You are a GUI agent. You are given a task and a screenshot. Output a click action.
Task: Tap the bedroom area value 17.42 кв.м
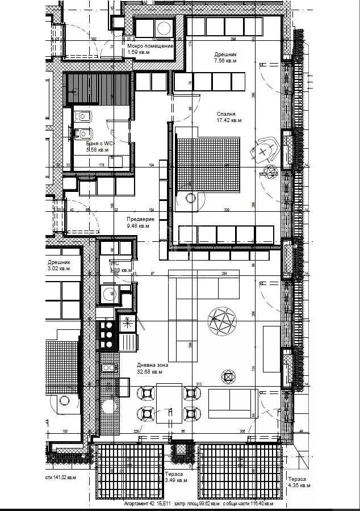click(x=229, y=120)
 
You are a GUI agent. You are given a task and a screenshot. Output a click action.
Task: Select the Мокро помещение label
click(x=150, y=46)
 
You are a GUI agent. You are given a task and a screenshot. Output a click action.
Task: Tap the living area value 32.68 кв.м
click(x=150, y=372)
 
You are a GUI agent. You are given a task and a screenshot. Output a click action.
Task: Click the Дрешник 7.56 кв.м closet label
click(x=225, y=58)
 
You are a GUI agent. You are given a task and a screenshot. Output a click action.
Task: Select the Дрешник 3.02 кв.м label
click(x=59, y=266)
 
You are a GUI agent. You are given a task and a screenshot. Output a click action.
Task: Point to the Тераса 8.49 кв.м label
click(x=174, y=477)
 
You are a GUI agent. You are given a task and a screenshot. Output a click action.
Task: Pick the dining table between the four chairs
click(x=169, y=402)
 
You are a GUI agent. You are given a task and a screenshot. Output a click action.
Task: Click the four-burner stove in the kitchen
click(x=107, y=335)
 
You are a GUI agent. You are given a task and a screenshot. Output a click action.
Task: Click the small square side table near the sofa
click(x=228, y=377)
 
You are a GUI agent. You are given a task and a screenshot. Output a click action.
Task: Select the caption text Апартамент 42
click(x=139, y=504)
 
